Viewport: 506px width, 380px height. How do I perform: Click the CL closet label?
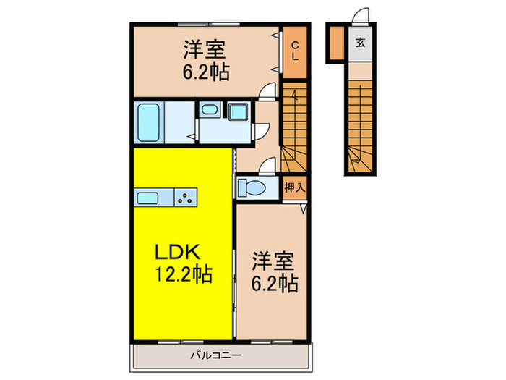pos(295,51)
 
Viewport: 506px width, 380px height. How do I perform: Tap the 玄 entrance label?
pos(360,43)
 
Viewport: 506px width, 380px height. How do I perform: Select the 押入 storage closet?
pos(295,187)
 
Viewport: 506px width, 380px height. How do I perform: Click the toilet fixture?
pos(251,187)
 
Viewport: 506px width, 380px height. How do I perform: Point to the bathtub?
pos(150,121)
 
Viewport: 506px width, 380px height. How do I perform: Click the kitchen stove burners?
pos(186,197)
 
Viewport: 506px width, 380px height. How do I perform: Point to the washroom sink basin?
pos(210,111)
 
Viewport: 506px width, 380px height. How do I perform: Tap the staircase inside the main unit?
pos(294,123)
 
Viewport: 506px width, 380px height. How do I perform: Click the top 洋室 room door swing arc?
pos(269,90)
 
